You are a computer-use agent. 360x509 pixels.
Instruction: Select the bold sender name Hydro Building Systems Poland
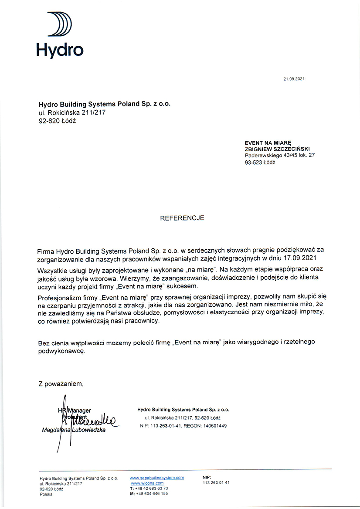coord(105,104)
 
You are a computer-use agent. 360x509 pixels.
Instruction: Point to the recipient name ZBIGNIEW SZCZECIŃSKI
coord(277,149)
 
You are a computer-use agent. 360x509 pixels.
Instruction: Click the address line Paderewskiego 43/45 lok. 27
coord(279,155)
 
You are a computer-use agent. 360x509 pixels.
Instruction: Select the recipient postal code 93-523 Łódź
coord(260,162)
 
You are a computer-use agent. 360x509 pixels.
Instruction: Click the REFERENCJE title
coord(182,217)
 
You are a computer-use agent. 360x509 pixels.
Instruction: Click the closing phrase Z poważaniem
coord(60,384)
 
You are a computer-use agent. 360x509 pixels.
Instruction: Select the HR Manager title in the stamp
coord(75,410)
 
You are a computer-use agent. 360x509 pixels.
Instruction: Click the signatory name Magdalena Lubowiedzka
coord(74,430)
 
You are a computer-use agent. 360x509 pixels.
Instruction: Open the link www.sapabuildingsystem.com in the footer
coord(157,478)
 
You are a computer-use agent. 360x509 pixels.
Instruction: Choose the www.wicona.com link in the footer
coord(147,483)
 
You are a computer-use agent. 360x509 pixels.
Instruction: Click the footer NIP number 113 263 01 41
coord(216,483)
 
